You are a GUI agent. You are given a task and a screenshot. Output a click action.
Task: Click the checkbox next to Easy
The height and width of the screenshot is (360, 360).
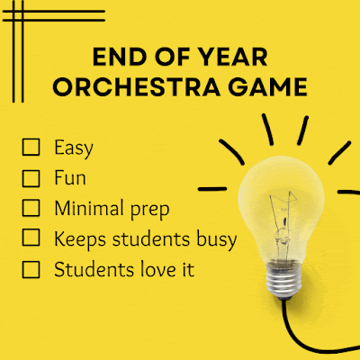click(x=31, y=147)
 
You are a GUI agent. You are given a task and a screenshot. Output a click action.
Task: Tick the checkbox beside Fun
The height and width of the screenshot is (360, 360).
click(x=31, y=177)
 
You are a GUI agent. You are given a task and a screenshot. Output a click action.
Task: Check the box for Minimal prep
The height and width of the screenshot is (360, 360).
click(x=31, y=208)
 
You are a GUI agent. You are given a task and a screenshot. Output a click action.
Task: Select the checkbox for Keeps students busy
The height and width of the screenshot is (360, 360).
click(x=31, y=238)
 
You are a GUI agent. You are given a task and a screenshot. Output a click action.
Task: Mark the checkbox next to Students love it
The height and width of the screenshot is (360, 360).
click(x=31, y=269)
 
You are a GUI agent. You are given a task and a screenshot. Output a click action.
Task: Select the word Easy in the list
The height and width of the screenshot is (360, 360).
click(x=74, y=147)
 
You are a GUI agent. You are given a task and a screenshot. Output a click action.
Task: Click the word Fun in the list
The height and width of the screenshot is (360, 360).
click(x=69, y=177)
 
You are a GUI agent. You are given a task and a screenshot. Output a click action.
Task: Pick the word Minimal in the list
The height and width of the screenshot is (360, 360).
click(x=87, y=208)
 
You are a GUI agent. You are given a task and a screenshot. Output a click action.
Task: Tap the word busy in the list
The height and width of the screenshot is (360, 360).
click(x=217, y=239)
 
